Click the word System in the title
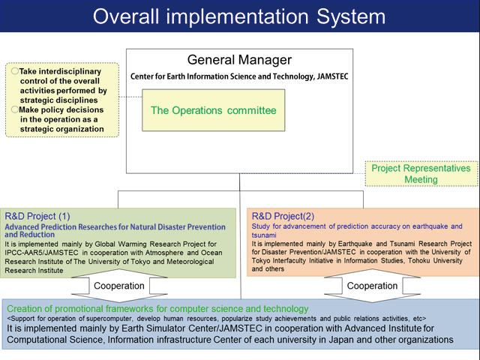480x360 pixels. (351, 16)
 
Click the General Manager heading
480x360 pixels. (239, 60)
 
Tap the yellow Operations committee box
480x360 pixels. (213, 110)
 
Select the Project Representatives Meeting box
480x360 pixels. (421, 173)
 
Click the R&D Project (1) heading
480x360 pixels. (37, 217)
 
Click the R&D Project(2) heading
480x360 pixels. (283, 216)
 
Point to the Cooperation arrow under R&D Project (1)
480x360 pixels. (119, 286)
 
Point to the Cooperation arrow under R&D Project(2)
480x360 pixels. (372, 286)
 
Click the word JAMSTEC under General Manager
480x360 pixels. (332, 76)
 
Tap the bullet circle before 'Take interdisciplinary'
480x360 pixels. (14, 71)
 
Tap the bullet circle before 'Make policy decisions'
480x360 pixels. (14, 109)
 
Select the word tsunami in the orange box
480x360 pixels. (264, 235)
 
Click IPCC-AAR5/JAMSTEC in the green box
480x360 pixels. (41, 253)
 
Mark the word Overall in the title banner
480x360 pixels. (127, 16)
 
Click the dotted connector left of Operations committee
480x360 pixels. (130, 97)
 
